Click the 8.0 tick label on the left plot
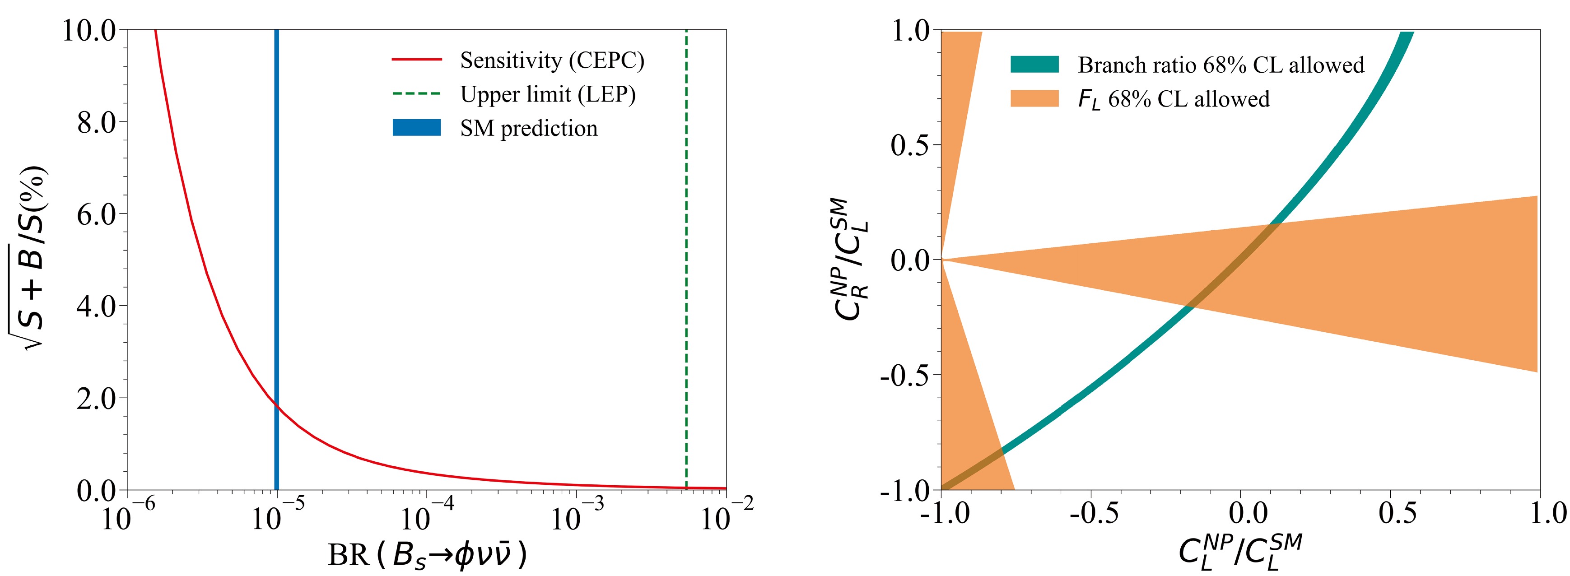(x=96, y=122)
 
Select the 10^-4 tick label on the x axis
(x=427, y=516)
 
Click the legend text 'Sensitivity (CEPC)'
(x=552, y=60)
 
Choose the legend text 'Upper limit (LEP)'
(x=547, y=94)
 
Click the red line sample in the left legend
(x=416, y=60)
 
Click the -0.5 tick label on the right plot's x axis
(x=1094, y=513)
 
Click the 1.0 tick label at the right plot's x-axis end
(x=1548, y=513)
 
